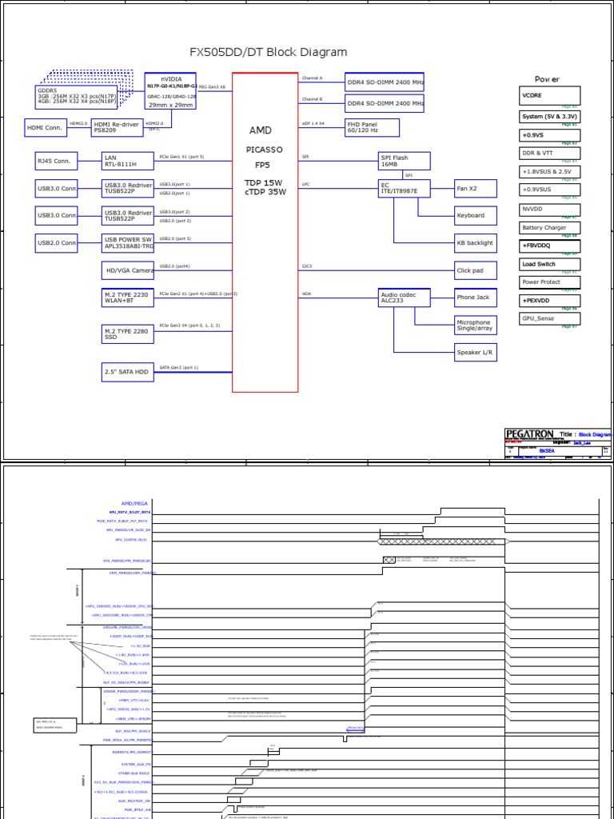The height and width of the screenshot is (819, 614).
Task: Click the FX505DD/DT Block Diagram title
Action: pyautogui.click(x=268, y=53)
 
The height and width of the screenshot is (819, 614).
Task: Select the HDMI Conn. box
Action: pyautogui.click(x=46, y=128)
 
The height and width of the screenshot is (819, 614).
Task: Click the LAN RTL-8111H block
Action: pyautogui.click(x=127, y=161)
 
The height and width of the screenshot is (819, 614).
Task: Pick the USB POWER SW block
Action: pyautogui.click(x=127, y=242)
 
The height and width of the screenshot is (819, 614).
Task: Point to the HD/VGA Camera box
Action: pyautogui.click(x=127, y=271)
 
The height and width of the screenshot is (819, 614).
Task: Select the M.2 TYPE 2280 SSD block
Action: pyautogui.click(x=127, y=333)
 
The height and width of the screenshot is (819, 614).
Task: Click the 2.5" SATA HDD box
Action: pyautogui.click(x=127, y=372)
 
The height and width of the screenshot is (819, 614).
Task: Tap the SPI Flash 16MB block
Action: pyautogui.click(x=404, y=161)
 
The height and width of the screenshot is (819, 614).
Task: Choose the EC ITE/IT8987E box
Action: pyautogui.click(x=404, y=188)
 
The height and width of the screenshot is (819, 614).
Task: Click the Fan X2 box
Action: pyautogui.click(x=475, y=188)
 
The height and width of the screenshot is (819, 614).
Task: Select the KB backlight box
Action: pyautogui.click(x=475, y=242)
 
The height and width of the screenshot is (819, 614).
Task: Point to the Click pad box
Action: pyautogui.click(x=475, y=270)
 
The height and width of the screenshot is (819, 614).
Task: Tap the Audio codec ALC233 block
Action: pyautogui.click(x=404, y=298)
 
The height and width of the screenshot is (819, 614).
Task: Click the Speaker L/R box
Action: pyautogui.click(x=475, y=352)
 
